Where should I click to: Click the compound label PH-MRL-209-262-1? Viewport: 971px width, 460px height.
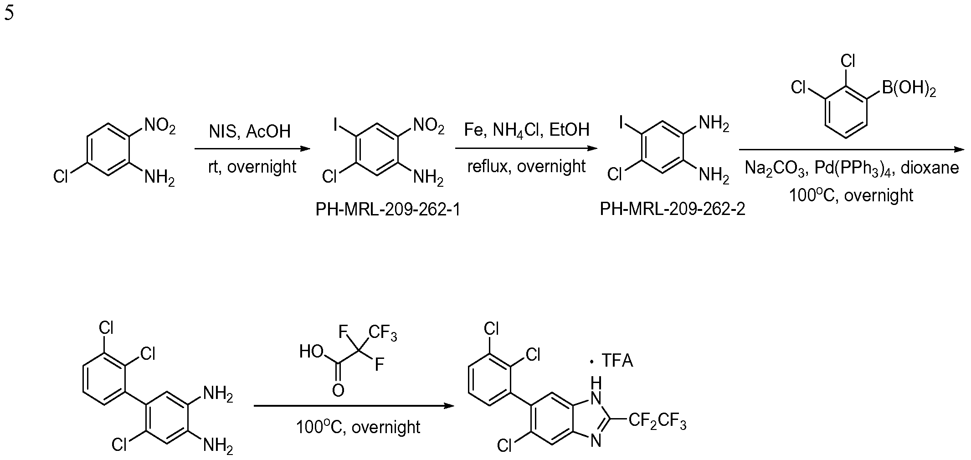click(x=388, y=210)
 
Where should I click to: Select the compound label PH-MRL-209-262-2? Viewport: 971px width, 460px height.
click(x=673, y=209)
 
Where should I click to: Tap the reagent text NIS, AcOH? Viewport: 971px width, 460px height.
click(x=250, y=132)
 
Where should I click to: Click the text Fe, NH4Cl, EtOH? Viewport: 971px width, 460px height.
click(x=527, y=130)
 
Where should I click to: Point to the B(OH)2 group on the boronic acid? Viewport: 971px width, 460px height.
click(x=909, y=88)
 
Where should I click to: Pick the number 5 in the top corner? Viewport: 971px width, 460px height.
click(x=9, y=13)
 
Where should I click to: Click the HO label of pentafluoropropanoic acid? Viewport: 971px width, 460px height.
click(x=312, y=352)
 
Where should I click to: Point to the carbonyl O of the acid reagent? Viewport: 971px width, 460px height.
click(x=338, y=390)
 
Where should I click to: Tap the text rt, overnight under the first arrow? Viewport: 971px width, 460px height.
click(x=252, y=167)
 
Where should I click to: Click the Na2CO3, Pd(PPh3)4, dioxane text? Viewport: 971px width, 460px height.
click(x=852, y=168)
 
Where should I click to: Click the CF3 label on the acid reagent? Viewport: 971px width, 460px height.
click(x=383, y=333)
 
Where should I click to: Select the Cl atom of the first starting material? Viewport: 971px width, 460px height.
click(x=61, y=176)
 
